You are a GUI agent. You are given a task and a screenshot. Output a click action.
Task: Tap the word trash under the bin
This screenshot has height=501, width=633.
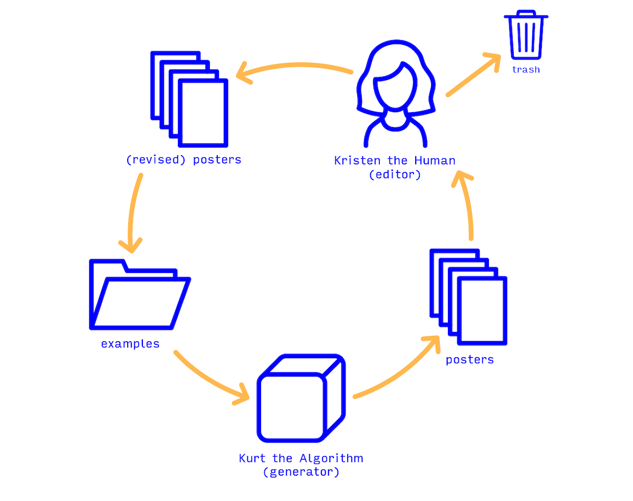coord(526,70)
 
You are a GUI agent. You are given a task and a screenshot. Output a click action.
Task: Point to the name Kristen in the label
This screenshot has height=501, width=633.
coord(353,160)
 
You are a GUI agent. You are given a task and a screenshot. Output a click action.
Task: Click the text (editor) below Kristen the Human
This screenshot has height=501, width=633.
coord(395,175)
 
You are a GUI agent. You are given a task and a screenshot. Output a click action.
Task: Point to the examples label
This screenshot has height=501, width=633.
coord(130,344)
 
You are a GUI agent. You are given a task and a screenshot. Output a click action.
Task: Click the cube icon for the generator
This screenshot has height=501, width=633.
coord(301,398)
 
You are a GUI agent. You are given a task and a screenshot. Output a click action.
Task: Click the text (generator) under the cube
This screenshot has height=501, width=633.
coord(301,472)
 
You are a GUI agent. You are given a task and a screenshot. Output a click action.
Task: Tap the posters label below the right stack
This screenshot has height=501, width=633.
coord(469,360)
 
